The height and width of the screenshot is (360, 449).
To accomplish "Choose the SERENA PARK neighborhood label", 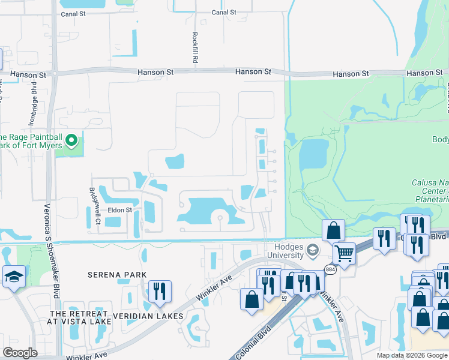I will (117, 275).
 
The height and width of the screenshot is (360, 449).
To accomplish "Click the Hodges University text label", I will (280, 250).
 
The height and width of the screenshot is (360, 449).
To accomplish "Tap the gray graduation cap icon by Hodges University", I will (312, 250).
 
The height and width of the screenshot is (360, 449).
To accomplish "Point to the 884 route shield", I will (330, 270).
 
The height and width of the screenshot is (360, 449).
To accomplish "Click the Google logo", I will (20, 353).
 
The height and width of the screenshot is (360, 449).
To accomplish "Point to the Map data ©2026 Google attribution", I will (412, 355).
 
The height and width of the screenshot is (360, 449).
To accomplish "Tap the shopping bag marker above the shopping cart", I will (333, 229).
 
